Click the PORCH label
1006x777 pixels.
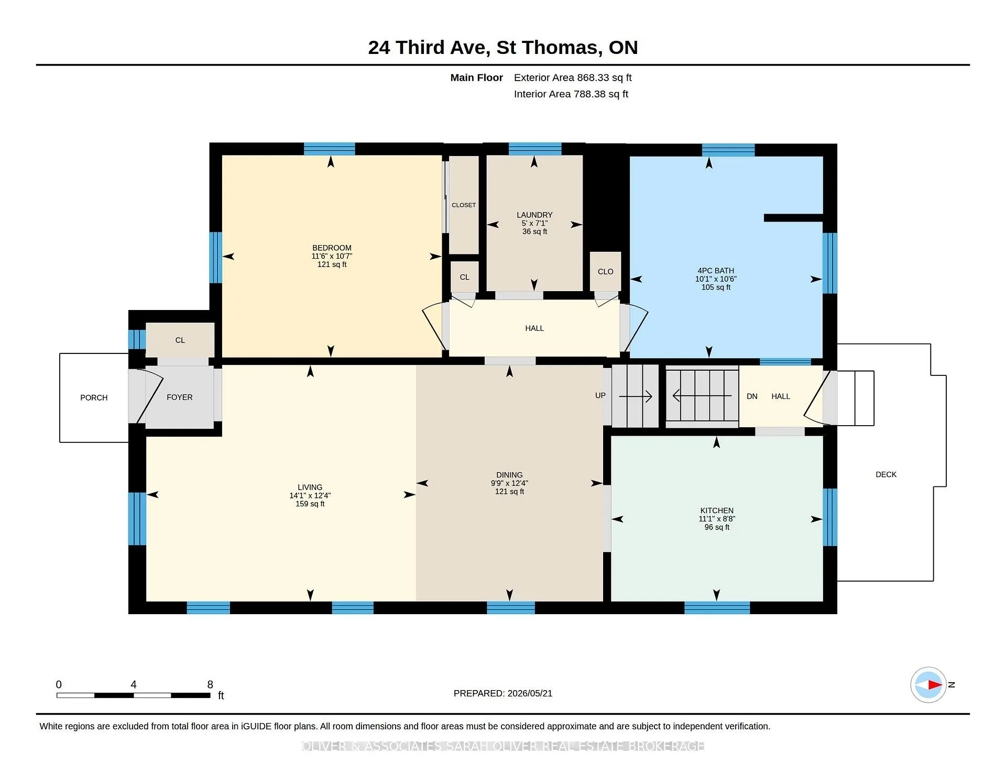pyautogui.click(x=94, y=398)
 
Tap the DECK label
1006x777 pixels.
pyautogui.click(x=886, y=474)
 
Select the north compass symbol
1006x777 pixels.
pyautogui.click(x=928, y=684)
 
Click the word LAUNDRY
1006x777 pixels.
pyautogui.click(x=534, y=215)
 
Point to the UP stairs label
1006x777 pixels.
pyautogui.click(x=600, y=395)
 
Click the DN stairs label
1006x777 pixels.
pyautogui.click(x=752, y=396)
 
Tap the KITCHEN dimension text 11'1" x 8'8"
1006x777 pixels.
pyautogui.click(x=717, y=519)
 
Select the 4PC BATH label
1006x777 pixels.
pyautogui.click(x=716, y=271)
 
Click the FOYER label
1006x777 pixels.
pyautogui.click(x=180, y=397)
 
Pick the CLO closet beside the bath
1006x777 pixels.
pyautogui.click(x=606, y=272)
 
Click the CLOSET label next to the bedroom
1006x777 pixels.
pyautogui.click(x=464, y=205)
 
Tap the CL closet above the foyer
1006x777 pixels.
pyautogui.click(x=180, y=340)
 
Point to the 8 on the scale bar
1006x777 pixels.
pyautogui.click(x=210, y=684)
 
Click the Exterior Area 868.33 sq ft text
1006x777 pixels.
pyautogui.click(x=573, y=77)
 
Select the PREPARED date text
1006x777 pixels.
pyautogui.click(x=503, y=693)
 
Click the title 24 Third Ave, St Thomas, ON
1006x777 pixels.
pyautogui.click(x=503, y=48)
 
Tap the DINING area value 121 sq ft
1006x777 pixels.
pyautogui.click(x=509, y=492)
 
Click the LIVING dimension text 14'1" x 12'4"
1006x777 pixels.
pyautogui.click(x=310, y=495)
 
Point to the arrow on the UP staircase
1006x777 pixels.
pyautogui.click(x=636, y=396)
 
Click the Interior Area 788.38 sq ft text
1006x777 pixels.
pyautogui.click(x=571, y=94)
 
